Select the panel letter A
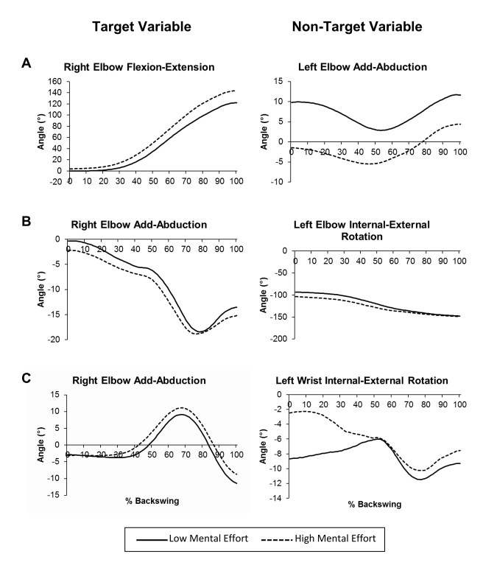pyautogui.click(x=25, y=63)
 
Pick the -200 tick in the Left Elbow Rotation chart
pyautogui.click(x=277, y=339)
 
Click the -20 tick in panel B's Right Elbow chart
pyautogui.click(x=57, y=339)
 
